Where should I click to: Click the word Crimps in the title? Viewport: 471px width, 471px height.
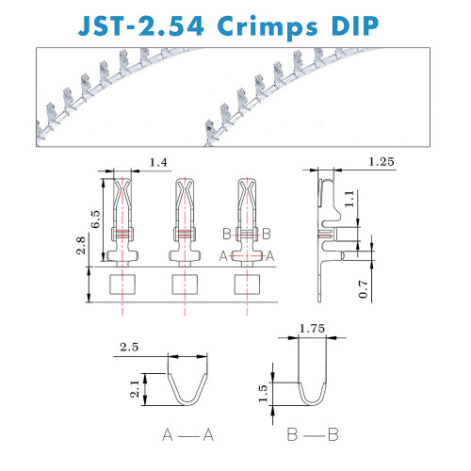268,27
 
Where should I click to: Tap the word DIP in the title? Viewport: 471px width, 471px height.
355,25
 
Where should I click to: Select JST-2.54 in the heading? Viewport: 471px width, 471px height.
141,25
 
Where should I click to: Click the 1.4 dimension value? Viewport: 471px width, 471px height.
158,162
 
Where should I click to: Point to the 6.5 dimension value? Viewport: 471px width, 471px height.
95,219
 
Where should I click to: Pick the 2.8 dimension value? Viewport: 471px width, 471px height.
81,245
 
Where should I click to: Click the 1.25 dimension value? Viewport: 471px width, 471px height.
381,162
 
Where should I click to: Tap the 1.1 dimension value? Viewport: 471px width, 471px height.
349,199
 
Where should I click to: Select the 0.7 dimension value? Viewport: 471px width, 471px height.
363,289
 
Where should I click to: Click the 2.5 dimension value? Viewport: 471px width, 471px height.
129,347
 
